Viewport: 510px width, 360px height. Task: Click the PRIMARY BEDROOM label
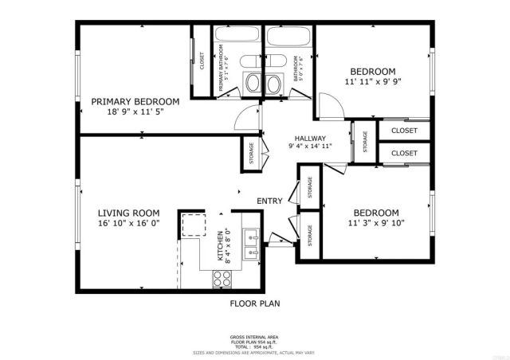pyautogui.click(x=135, y=101)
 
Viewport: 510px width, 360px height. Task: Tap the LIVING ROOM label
pyautogui.click(x=128, y=213)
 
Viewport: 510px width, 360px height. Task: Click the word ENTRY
pyautogui.click(x=269, y=201)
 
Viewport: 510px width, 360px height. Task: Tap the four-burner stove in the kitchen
pyautogui.click(x=222, y=278)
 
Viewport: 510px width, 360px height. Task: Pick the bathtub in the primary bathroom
pyautogui.click(x=237, y=37)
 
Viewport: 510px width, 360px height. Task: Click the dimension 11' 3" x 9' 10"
pyautogui.click(x=375, y=224)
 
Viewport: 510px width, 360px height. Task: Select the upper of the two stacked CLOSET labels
pyautogui.click(x=404, y=129)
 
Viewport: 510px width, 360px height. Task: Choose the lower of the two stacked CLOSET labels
pyautogui.click(x=404, y=152)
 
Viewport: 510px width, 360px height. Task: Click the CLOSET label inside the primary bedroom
pyautogui.click(x=202, y=61)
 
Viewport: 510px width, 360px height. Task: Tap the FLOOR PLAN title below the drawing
pyautogui.click(x=255, y=303)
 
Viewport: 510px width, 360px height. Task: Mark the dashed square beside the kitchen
pyautogui.click(x=192, y=225)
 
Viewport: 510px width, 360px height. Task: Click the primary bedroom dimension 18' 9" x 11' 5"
pyautogui.click(x=135, y=112)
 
